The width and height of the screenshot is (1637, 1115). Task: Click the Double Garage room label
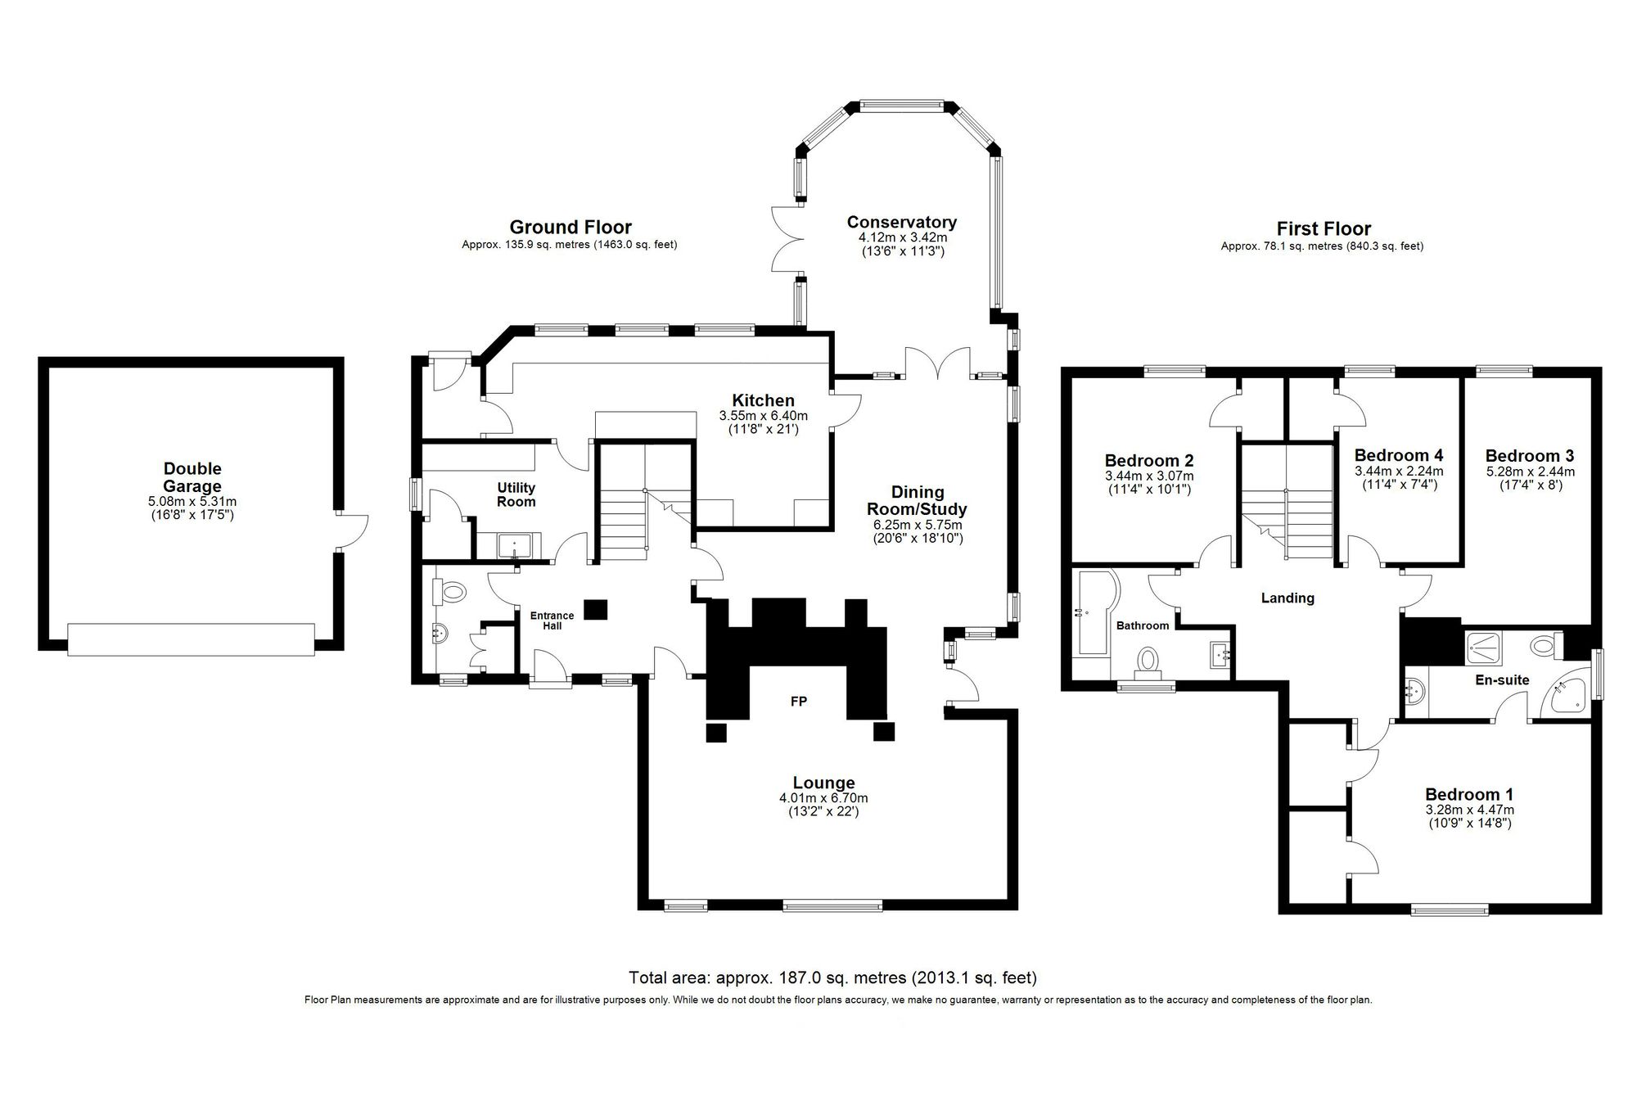pos(192,477)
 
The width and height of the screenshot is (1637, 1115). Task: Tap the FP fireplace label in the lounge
pos(798,702)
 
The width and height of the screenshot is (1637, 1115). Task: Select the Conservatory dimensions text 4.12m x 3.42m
pos(901,237)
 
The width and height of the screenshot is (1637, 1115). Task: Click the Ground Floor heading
pos(570,227)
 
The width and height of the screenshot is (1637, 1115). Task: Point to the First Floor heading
pos(1323,228)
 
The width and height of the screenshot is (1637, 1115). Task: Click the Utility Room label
pos(516,494)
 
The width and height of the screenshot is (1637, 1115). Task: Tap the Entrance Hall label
pos(552,621)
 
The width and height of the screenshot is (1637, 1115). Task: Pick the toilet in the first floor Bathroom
pos(1148,661)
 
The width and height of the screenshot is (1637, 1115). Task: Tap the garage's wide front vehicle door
pos(191,639)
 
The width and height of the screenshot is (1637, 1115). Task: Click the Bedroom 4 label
pos(1399,455)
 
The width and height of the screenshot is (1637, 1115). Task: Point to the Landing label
pos(1288,598)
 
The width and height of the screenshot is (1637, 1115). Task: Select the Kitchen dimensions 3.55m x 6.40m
pos(763,415)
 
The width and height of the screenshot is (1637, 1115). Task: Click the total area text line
pos(832,977)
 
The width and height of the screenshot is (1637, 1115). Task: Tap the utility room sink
pos(517,544)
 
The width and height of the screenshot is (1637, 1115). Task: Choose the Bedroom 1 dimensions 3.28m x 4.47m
pos(1469,810)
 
